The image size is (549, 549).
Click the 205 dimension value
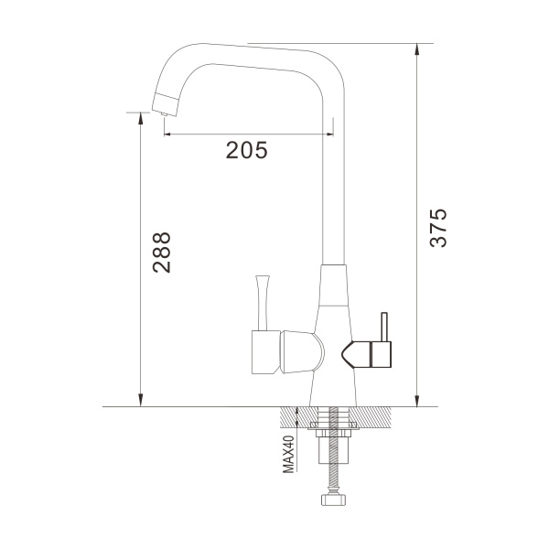pyautogui.click(x=246, y=150)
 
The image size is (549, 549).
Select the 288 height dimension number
pyautogui.click(x=161, y=253)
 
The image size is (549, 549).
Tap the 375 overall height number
pyautogui.click(x=438, y=228)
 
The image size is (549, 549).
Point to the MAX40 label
pyautogui.click(x=288, y=455)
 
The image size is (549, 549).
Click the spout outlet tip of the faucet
pyautogui.click(x=164, y=113)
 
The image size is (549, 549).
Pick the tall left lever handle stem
pyautogui.click(x=263, y=303)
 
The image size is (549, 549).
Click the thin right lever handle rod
pyautogui.click(x=384, y=327)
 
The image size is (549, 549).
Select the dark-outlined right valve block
pyautogui.click(x=381, y=355)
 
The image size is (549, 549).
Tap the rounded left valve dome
pyautogui.click(x=302, y=351)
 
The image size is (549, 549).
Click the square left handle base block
pyautogui.click(x=266, y=352)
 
